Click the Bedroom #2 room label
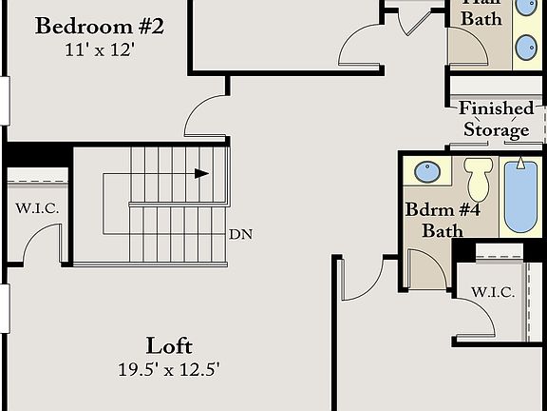(100, 26)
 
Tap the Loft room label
(170, 344)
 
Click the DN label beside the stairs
(239, 233)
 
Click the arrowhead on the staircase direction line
(201, 173)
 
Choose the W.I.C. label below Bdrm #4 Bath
(493, 292)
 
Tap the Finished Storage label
(496, 119)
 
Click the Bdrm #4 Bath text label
(435, 219)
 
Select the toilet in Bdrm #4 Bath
(478, 178)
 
